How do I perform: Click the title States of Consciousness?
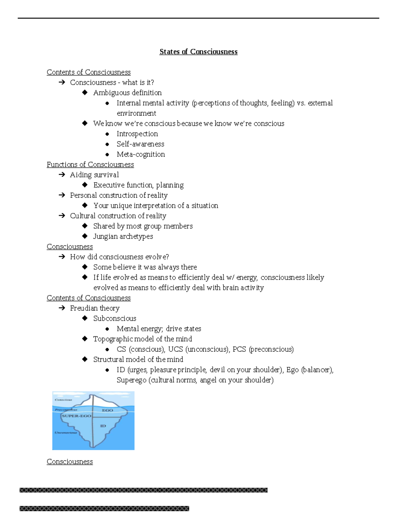pos(198,52)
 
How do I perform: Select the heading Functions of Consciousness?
pos(90,165)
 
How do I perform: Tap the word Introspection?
pos(137,134)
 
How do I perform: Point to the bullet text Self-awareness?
pos(140,144)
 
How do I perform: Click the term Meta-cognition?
pos(141,154)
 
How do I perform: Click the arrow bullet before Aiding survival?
pos(62,175)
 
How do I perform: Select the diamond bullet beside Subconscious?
pos(85,318)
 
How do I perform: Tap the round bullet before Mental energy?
pos(107,329)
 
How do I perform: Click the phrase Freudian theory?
pos(95,308)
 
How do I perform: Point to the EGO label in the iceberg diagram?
pos(108,410)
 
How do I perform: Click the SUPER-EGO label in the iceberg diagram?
pos(76,416)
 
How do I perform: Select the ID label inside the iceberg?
pos(103,426)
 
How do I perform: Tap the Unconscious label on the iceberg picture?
pos(66,432)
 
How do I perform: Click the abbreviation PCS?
pos(239,349)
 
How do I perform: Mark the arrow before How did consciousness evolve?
pos(62,257)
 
